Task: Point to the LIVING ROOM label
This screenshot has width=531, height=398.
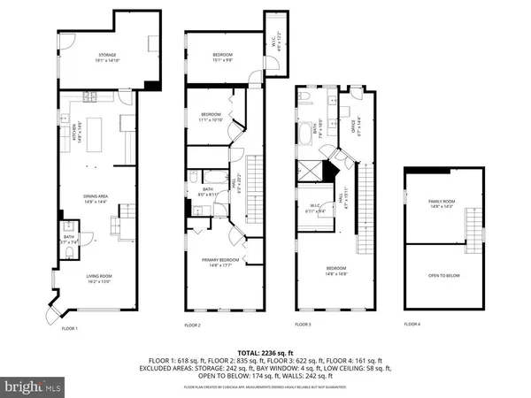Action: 98,279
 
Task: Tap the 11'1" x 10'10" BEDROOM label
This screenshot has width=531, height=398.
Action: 211,116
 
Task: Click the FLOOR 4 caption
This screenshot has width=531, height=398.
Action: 412,325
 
